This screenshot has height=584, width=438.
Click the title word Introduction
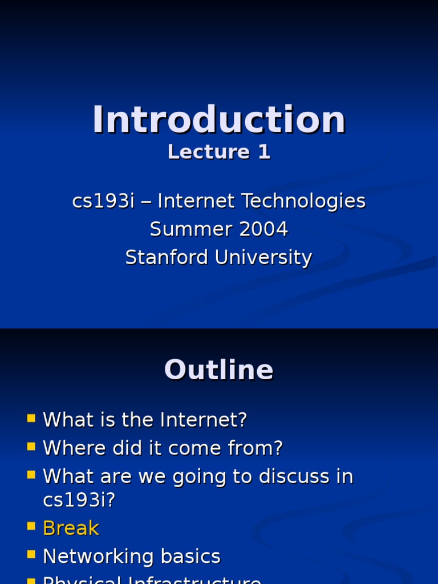click(219, 120)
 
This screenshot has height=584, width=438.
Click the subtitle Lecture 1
click(219, 152)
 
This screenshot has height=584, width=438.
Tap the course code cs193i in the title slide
click(103, 201)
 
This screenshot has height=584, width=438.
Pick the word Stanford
click(167, 258)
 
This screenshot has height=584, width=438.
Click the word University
click(263, 258)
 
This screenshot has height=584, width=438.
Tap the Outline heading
click(219, 370)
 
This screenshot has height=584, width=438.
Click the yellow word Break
click(71, 528)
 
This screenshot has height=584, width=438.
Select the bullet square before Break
click(31, 527)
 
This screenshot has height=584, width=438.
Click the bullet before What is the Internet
click(31, 419)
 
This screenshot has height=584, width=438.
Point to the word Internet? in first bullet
click(204, 420)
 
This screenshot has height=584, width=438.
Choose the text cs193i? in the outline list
click(79, 500)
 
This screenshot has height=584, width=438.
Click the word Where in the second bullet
click(70, 448)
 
